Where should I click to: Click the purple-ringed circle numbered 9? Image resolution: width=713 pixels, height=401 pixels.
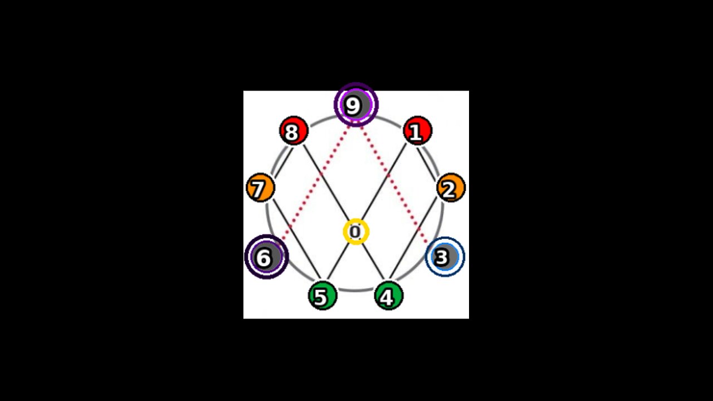click(x=356, y=105)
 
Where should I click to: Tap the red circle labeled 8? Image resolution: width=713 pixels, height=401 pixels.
click(x=293, y=131)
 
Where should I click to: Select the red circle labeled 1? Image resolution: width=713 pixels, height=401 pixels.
click(x=417, y=131)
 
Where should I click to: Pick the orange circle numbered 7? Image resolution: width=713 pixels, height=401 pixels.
click(x=260, y=188)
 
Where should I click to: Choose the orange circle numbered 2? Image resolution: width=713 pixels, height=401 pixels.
click(x=451, y=188)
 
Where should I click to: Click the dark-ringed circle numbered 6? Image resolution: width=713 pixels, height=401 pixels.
click(x=266, y=257)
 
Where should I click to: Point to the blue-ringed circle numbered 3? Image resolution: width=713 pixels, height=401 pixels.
click(x=445, y=257)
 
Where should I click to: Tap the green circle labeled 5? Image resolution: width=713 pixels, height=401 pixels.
click(x=323, y=296)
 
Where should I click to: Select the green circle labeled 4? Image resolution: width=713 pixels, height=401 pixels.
click(x=388, y=296)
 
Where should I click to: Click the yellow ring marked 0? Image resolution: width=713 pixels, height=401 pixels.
click(x=355, y=232)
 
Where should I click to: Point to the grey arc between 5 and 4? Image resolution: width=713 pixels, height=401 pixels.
click(x=355, y=290)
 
